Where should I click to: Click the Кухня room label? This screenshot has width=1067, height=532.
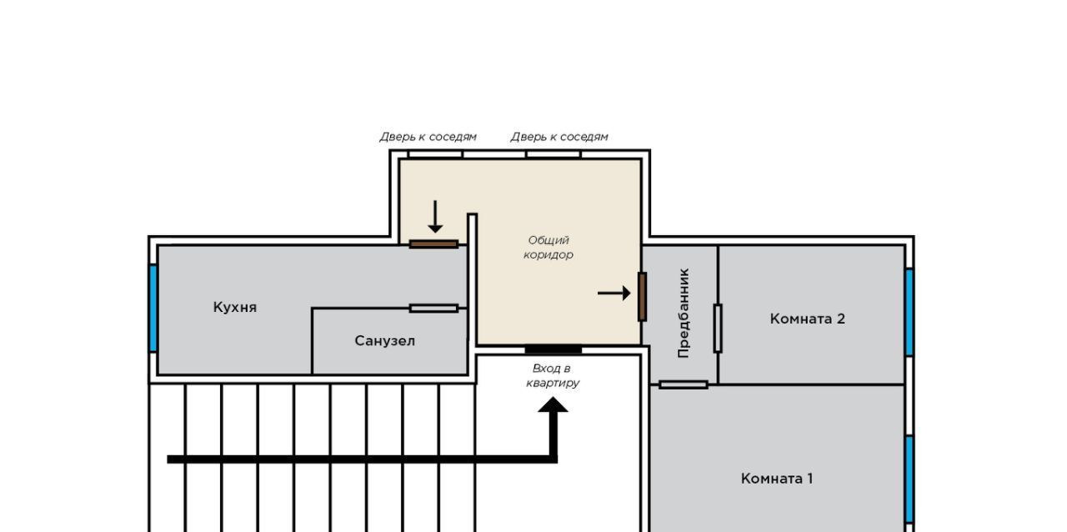(x=235, y=308)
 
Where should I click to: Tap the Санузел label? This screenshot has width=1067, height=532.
(x=385, y=341)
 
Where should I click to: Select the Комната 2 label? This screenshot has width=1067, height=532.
(x=808, y=319)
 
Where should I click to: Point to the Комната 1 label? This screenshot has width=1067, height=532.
(x=777, y=478)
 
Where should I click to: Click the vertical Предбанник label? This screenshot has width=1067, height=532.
(x=684, y=313)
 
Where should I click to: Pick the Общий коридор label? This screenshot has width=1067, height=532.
(x=549, y=248)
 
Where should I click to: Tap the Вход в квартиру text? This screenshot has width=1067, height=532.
(x=553, y=375)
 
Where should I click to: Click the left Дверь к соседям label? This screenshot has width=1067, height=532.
(x=428, y=137)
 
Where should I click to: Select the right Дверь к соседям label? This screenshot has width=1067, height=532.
(x=559, y=137)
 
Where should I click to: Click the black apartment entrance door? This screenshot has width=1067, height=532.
(x=553, y=349)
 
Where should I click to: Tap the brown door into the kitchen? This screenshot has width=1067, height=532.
(x=433, y=244)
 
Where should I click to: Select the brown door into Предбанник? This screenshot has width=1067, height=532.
(x=642, y=297)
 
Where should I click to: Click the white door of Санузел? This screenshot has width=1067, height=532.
(x=433, y=309)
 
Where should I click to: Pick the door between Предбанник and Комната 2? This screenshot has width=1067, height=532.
(x=718, y=329)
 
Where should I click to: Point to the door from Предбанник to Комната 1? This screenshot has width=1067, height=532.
(x=684, y=384)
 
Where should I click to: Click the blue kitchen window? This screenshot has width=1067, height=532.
(x=153, y=308)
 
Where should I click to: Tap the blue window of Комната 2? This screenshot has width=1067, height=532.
(x=909, y=312)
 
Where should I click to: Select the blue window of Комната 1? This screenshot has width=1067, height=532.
(x=909, y=479)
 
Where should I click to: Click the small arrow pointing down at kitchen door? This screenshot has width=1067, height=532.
(x=435, y=217)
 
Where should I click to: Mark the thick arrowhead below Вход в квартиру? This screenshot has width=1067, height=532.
(x=553, y=404)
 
